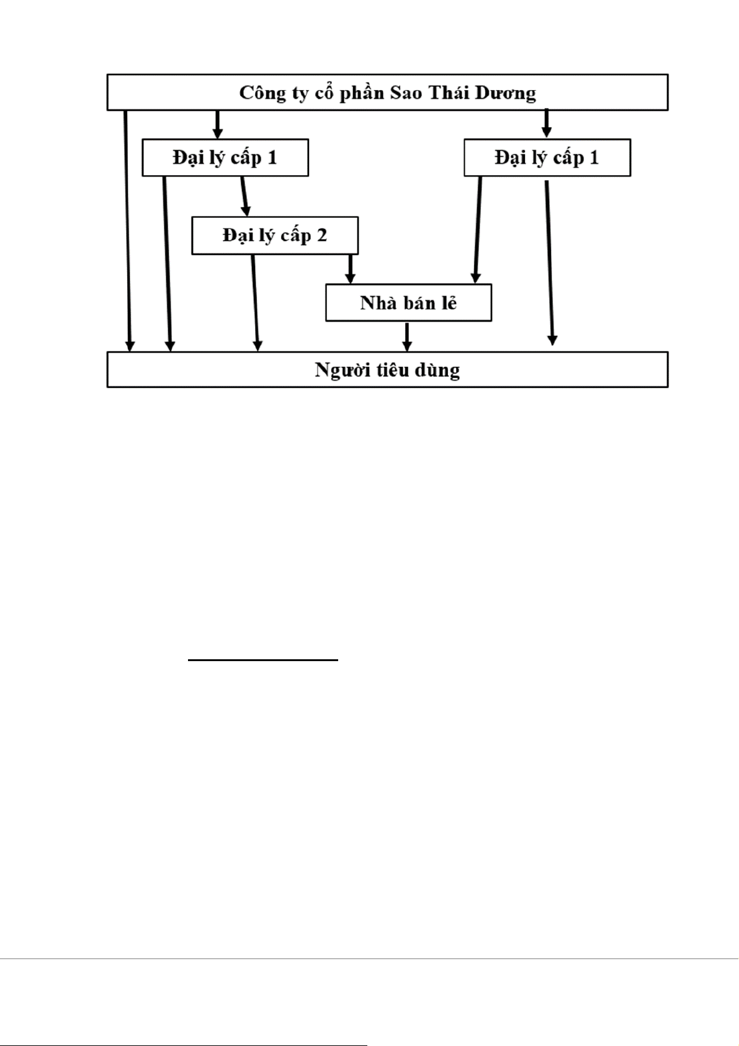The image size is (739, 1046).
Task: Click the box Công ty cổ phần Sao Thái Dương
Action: point(387,92)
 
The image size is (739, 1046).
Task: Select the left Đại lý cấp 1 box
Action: point(225,158)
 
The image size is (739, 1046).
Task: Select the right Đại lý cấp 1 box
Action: point(547,158)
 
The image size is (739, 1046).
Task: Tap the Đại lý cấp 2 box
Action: point(275,236)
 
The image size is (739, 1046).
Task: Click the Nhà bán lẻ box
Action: point(408,303)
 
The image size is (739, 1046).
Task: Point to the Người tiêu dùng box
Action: point(387,370)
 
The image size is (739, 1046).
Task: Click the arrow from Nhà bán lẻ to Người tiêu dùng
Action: point(407,336)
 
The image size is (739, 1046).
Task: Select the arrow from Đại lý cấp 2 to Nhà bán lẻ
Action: point(350,269)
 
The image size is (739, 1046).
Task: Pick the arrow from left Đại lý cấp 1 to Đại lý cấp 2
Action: point(244,196)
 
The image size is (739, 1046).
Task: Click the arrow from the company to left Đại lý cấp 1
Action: point(217,124)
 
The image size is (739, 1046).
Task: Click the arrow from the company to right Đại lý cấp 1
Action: point(546,124)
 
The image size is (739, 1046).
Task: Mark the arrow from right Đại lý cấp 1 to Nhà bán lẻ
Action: point(478,230)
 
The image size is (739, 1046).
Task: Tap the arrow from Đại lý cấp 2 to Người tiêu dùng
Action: point(256,303)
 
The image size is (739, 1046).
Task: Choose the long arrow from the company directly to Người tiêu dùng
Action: point(128,230)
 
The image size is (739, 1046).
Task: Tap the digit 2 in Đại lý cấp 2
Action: point(321,236)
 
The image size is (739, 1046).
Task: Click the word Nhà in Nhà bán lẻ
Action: point(374,303)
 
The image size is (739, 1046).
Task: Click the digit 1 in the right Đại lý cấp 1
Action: point(594,158)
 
